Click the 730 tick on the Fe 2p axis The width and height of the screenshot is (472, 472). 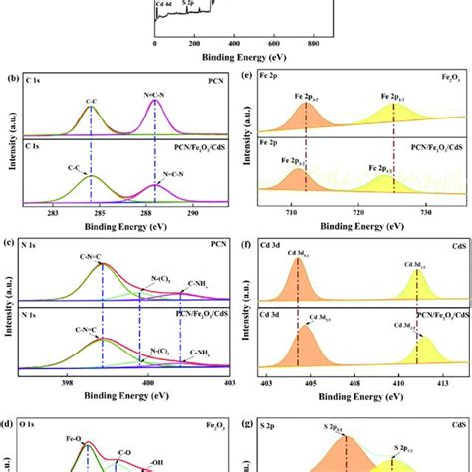[425, 213]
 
